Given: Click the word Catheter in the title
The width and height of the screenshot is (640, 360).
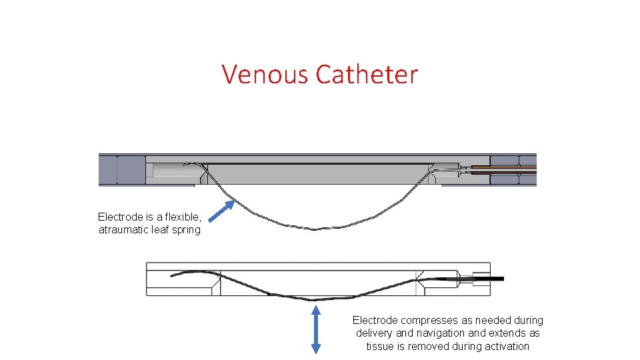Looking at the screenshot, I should pyautogui.click(x=367, y=74).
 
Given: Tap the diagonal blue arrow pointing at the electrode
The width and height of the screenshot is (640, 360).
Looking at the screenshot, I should pyautogui.click(x=223, y=210).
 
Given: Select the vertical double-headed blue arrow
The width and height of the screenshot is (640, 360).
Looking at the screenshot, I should pyautogui.click(x=316, y=329).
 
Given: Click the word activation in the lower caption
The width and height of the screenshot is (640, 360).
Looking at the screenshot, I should pyautogui.click(x=506, y=346).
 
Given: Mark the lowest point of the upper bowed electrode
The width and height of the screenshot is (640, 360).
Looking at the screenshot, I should pyautogui.click(x=313, y=229).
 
